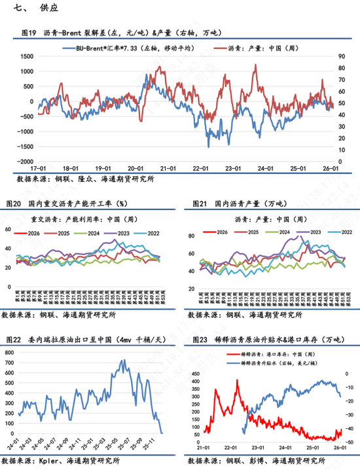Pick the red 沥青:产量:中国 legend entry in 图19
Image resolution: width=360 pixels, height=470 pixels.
262,48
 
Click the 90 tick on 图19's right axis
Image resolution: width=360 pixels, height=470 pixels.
340,56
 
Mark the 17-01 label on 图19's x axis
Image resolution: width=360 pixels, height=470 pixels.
37,168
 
